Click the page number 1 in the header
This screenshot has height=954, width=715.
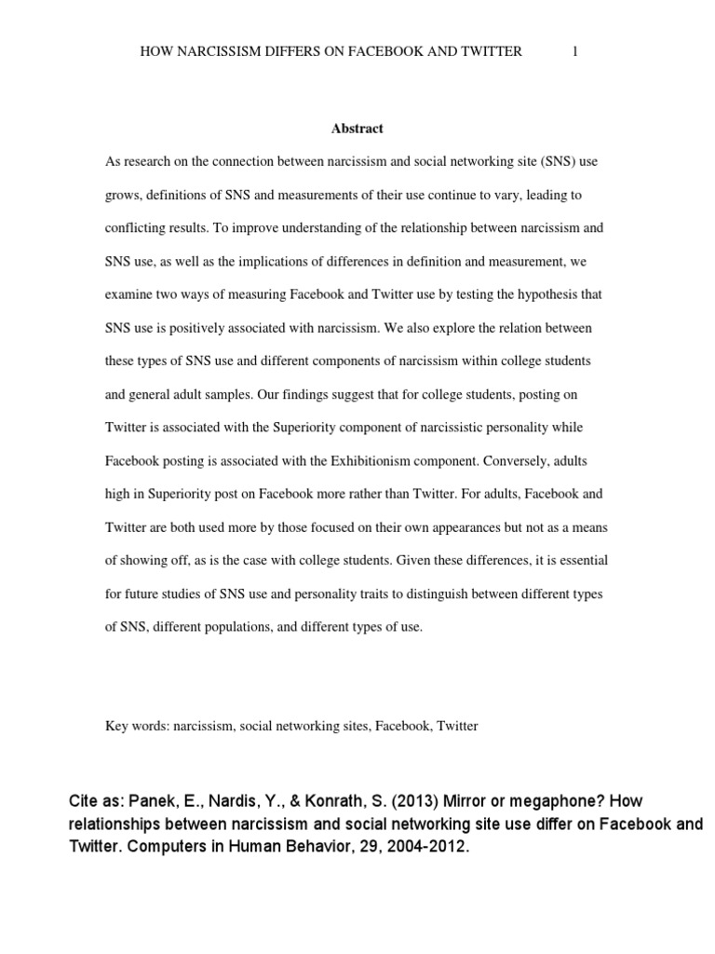(575, 52)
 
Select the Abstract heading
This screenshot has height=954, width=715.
(357, 129)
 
